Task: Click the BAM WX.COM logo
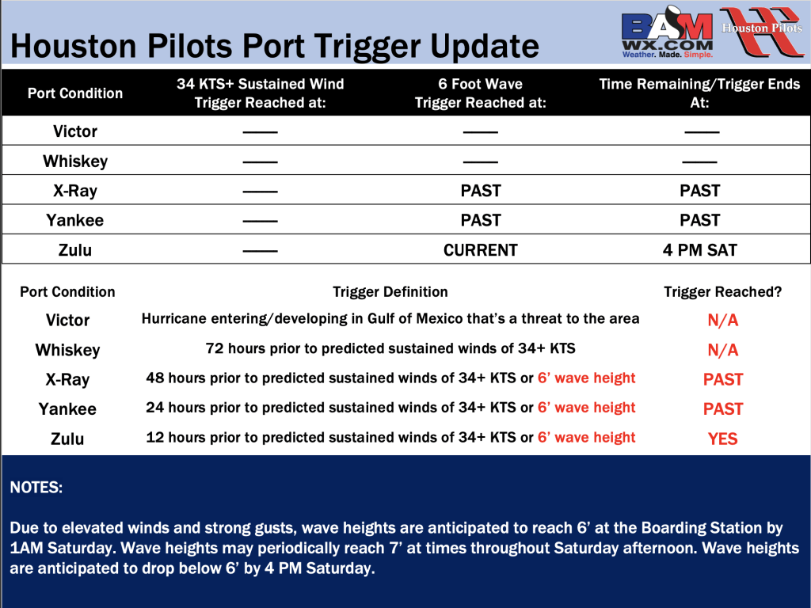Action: pos(667,32)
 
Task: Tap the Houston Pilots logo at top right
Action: pos(762,31)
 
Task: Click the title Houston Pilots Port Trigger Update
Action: pos(275,46)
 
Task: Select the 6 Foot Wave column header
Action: pos(481,93)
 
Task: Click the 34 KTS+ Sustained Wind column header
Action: pos(260,93)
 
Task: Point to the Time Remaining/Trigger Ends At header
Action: pos(699,93)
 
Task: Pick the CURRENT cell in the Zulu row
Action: pos(481,250)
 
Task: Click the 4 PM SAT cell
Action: pos(700,250)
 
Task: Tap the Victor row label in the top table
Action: pos(75,131)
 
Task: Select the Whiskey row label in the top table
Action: pos(75,161)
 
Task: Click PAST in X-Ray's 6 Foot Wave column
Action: pos(481,191)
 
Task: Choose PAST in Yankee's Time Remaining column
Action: pos(700,220)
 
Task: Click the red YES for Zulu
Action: pos(722,439)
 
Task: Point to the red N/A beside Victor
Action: pos(722,321)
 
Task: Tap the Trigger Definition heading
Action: pos(390,292)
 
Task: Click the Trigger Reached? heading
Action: pos(722,292)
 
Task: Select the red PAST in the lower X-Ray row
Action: pos(722,379)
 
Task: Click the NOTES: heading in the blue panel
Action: pos(36,488)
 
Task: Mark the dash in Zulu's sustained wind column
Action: pos(260,251)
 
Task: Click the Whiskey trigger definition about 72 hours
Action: pos(390,348)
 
